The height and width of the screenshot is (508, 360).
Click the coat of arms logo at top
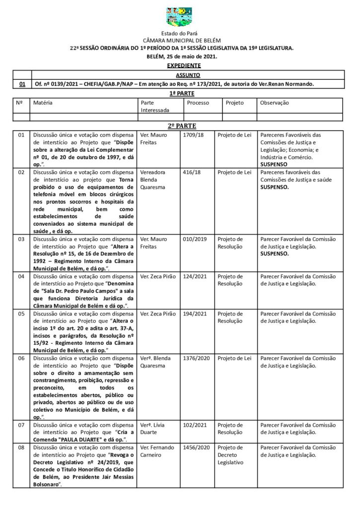(x=179, y=16)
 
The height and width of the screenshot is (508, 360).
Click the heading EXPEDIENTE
(x=184, y=65)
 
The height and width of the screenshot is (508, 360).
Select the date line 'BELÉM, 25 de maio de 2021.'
(x=182, y=57)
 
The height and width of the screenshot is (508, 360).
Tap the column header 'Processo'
(x=198, y=103)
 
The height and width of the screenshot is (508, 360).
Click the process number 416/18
(x=192, y=172)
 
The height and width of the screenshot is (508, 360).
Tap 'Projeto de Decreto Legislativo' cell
(x=230, y=455)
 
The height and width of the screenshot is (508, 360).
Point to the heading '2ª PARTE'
(x=180, y=126)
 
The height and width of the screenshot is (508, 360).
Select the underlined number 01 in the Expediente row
(x=22, y=84)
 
